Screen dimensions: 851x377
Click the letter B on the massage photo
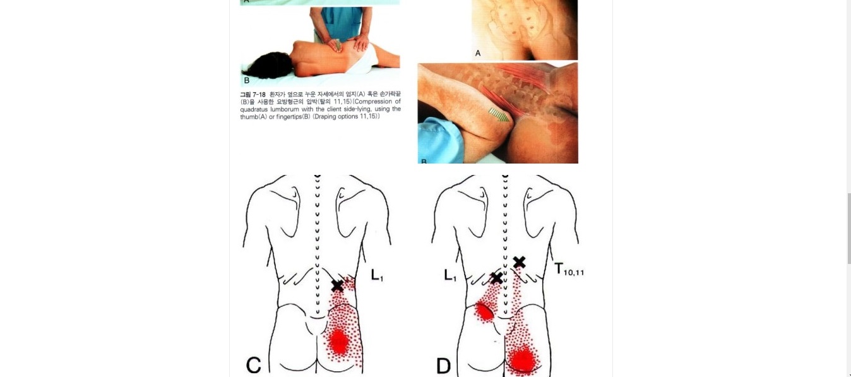(x=246, y=81)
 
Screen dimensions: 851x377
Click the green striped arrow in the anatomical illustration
(x=499, y=114)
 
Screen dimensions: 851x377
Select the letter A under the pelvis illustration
(x=478, y=54)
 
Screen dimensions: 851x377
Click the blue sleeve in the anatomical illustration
(x=438, y=141)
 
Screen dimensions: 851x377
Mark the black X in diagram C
(x=338, y=286)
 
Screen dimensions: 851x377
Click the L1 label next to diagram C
(x=377, y=275)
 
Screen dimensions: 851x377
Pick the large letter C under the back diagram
(x=253, y=365)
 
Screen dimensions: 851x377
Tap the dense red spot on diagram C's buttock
(x=339, y=342)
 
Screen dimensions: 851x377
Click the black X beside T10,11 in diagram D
(x=519, y=262)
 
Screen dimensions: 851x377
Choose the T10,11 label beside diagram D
(x=568, y=270)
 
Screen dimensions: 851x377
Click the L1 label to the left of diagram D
(x=451, y=275)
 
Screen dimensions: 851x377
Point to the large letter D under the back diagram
(x=443, y=366)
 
